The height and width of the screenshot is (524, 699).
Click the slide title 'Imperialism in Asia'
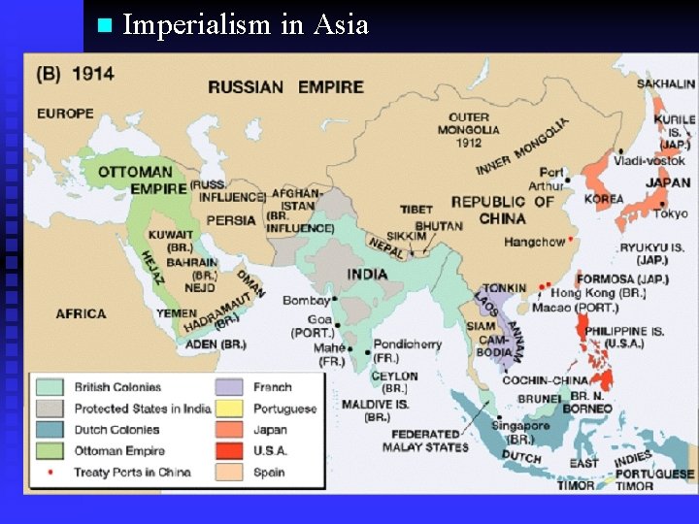(x=246, y=24)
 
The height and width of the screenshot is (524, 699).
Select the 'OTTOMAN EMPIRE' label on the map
(x=135, y=180)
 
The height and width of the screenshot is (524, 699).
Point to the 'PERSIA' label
(x=231, y=220)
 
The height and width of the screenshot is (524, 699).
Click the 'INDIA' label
(x=367, y=275)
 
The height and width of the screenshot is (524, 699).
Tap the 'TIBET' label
(x=416, y=210)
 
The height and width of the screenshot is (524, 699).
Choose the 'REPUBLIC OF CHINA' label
(x=502, y=210)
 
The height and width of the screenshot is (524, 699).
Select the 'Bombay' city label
(x=306, y=301)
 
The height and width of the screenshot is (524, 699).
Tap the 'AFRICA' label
(x=81, y=313)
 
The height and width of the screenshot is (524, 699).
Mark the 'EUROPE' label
(x=66, y=114)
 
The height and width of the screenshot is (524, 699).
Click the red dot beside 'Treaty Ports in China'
(x=50, y=473)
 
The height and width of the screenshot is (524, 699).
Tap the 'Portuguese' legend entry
(x=284, y=409)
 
